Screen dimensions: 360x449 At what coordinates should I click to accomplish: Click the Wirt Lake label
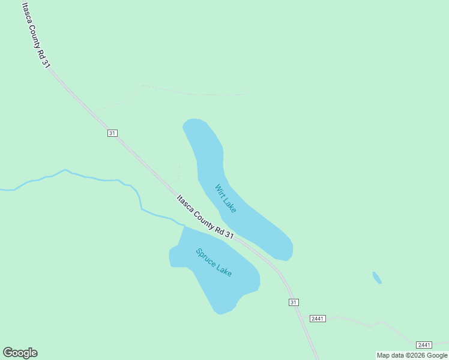226,198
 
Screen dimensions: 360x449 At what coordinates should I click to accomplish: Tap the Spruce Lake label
214,262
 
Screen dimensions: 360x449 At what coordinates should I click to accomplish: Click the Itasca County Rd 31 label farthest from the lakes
34,35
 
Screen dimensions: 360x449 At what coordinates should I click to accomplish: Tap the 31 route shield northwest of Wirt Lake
112,133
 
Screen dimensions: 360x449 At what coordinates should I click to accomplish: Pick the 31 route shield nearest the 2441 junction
294,302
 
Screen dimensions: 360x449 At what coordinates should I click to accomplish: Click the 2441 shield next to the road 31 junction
318,318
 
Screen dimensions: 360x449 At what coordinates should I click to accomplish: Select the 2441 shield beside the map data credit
424,344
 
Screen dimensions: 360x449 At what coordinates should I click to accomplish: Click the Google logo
20,353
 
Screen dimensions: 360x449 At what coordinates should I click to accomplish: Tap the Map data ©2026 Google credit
412,355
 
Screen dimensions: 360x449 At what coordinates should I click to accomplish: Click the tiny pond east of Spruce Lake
377,278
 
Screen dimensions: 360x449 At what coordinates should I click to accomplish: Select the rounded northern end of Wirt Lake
194,121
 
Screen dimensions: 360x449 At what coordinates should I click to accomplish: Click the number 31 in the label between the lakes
229,235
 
